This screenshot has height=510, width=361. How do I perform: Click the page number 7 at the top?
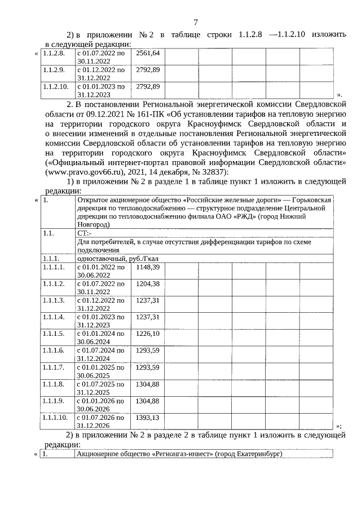tap(195, 23)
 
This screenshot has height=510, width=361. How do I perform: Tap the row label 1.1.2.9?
tap(54, 70)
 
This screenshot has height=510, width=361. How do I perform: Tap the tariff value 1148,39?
tap(148, 267)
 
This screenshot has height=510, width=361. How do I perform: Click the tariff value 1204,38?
tap(148, 283)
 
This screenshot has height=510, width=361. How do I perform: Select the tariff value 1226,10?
tap(148, 334)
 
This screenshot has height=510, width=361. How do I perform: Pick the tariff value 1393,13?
tap(148, 418)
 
